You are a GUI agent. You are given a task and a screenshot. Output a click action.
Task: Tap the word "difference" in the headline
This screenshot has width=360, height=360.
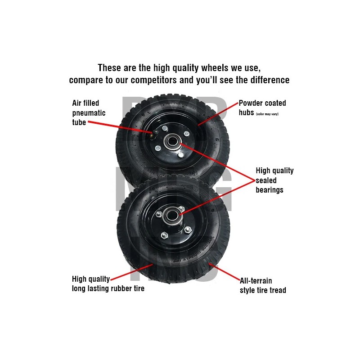(265, 81)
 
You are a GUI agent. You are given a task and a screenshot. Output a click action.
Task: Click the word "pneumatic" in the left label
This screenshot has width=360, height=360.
(89, 112)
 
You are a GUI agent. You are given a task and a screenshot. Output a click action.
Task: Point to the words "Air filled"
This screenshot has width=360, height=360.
(85, 103)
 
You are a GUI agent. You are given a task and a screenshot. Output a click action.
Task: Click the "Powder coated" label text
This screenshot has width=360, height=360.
(262, 103)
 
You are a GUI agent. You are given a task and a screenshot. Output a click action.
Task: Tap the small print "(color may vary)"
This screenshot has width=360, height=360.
(267, 114)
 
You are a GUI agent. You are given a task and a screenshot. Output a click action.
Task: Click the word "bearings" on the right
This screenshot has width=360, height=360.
(270, 190)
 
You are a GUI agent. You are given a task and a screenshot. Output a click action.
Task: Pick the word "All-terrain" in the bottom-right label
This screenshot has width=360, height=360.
(256, 281)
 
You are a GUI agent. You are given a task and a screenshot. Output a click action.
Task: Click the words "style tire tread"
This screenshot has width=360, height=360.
(263, 290)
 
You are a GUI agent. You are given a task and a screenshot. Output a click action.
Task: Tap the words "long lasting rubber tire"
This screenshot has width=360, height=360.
(108, 288)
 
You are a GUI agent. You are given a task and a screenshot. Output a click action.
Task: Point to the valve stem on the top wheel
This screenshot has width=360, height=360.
(154, 132)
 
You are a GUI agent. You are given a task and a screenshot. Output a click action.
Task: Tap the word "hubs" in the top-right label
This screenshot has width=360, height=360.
(246, 112)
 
